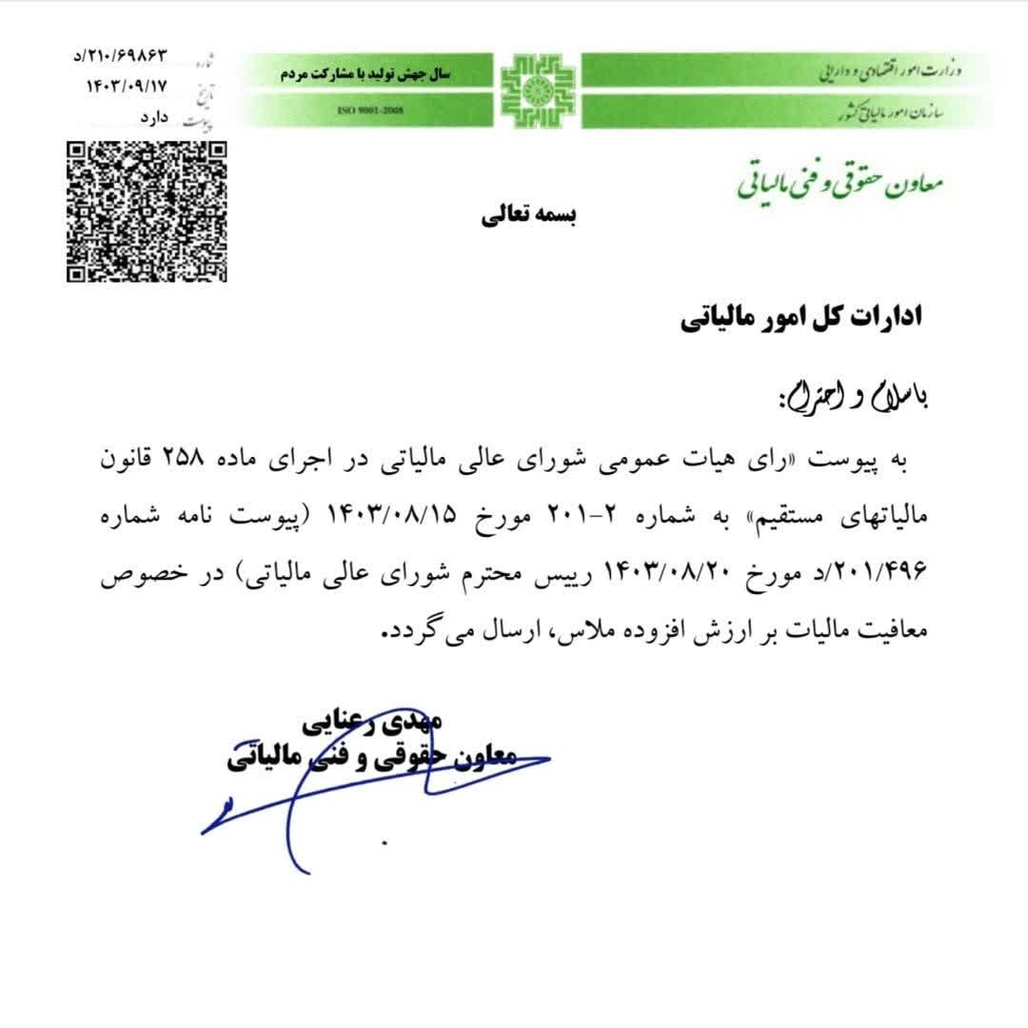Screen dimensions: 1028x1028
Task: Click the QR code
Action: [147, 211]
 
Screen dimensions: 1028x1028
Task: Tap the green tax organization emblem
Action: [539, 91]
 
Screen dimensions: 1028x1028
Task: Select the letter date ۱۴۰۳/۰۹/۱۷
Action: [126, 86]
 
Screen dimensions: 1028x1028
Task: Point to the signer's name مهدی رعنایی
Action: [371, 722]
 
